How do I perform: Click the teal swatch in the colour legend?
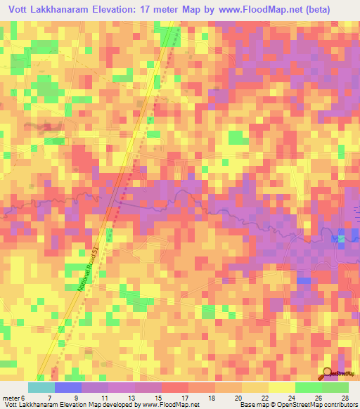tap(41, 387)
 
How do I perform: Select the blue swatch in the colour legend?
tap(68, 387)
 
